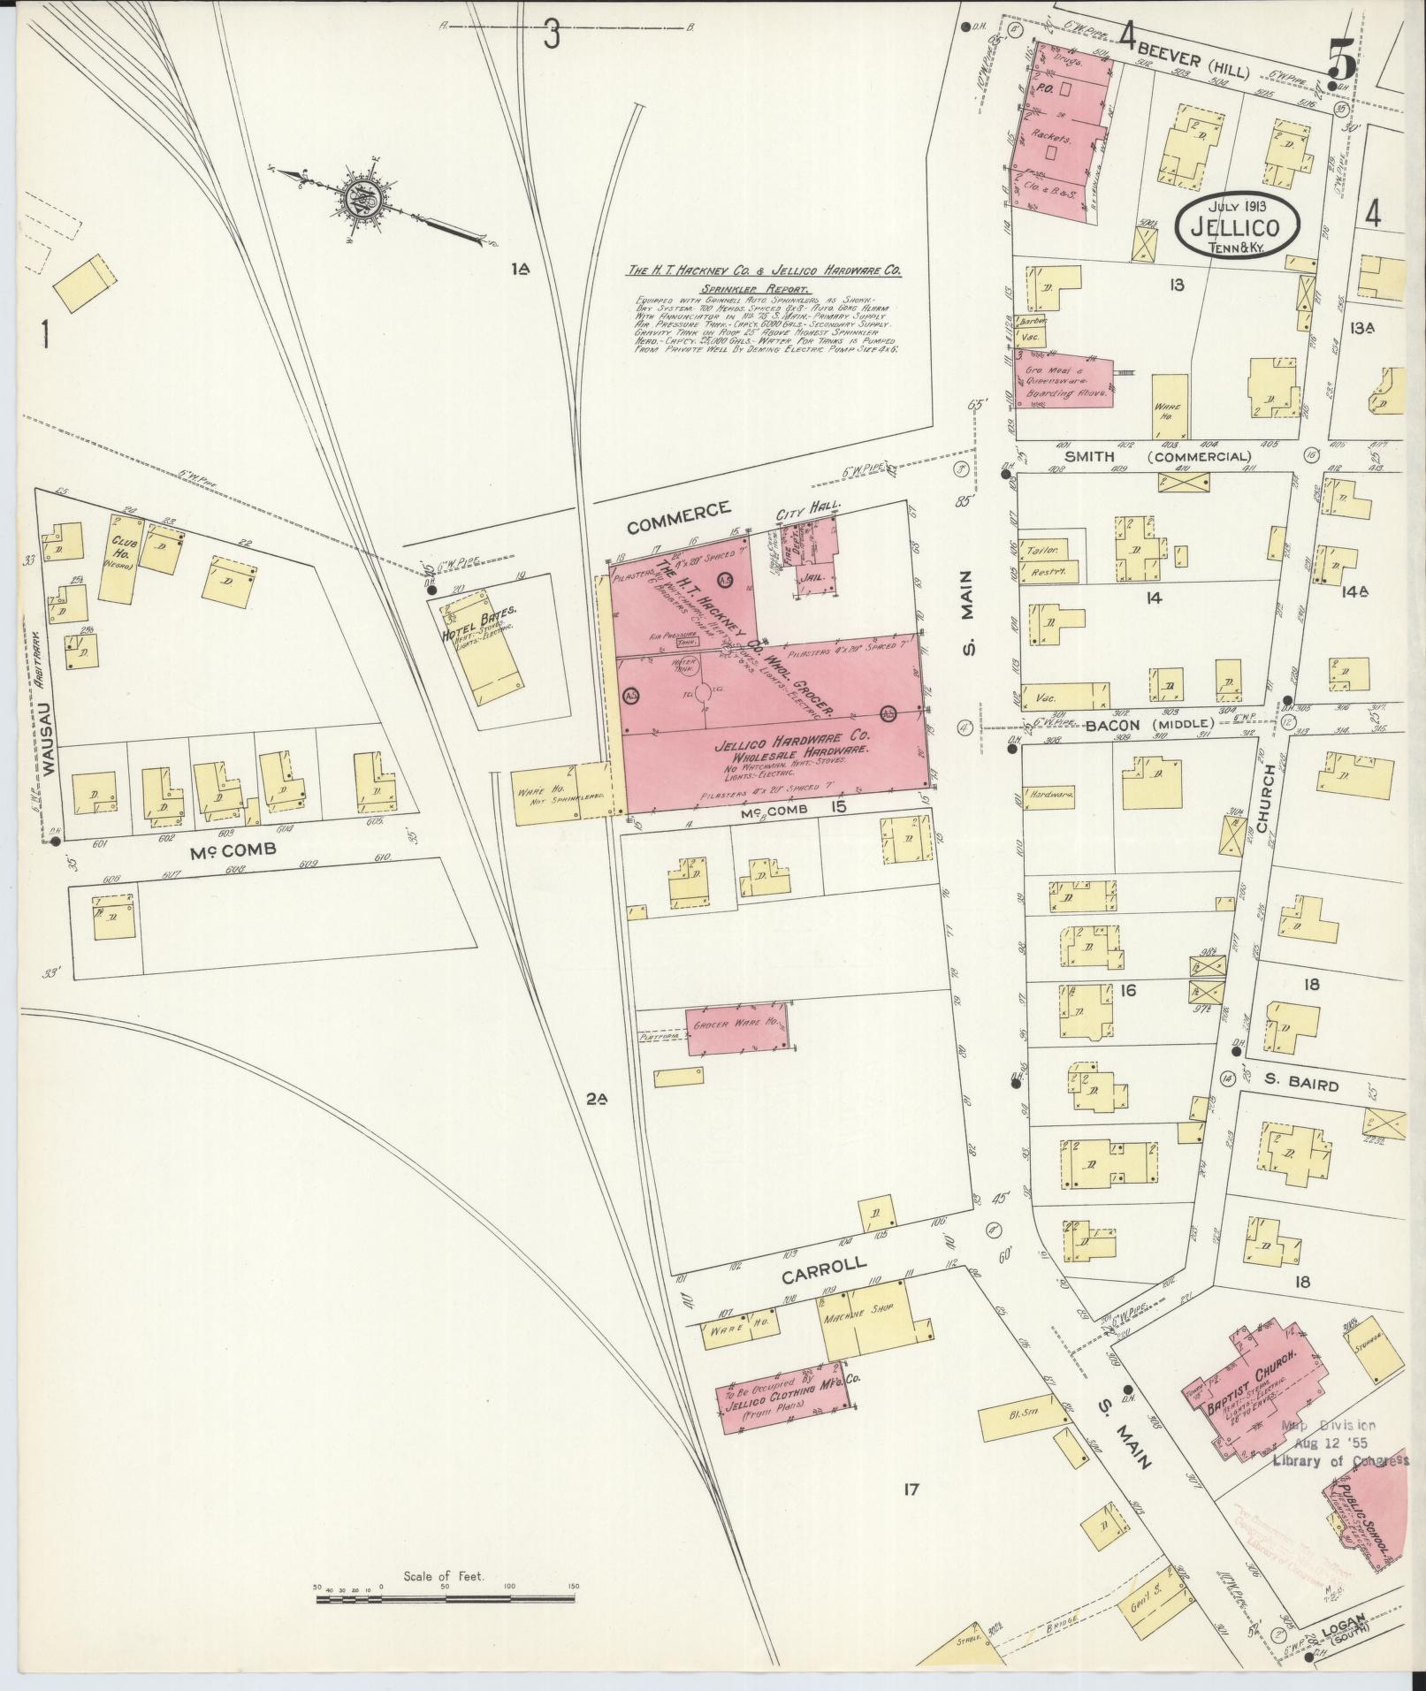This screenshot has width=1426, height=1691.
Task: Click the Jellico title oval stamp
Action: (x=1238, y=227)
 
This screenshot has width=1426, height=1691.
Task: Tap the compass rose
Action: (x=363, y=199)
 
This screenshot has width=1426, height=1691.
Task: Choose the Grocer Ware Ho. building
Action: (x=736, y=1028)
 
